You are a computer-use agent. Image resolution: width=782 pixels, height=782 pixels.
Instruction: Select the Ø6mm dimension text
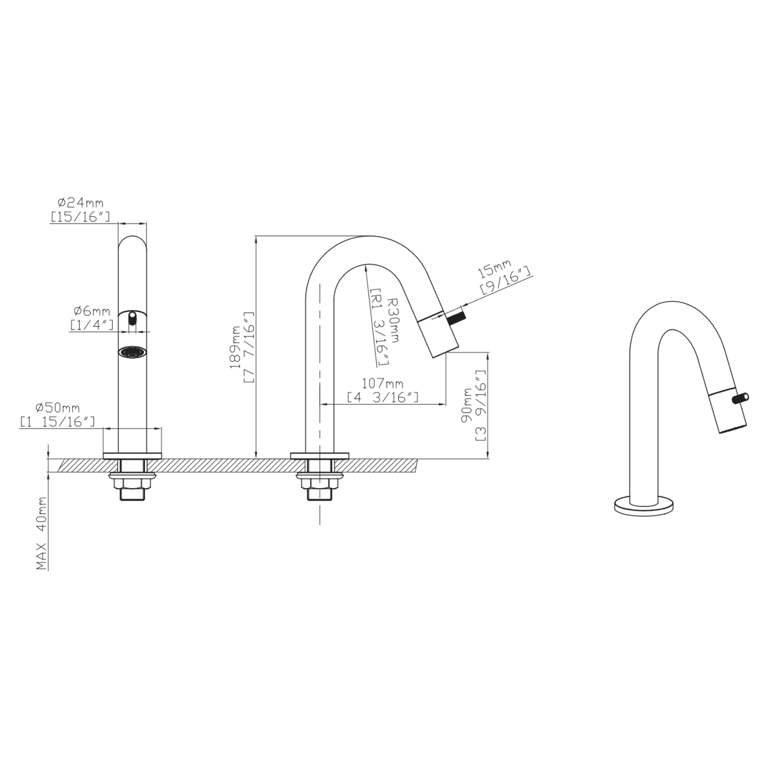tap(92, 311)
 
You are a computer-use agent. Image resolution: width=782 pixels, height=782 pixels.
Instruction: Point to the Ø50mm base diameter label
tap(58, 408)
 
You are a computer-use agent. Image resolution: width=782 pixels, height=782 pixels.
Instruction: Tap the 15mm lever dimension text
tap(494, 270)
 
